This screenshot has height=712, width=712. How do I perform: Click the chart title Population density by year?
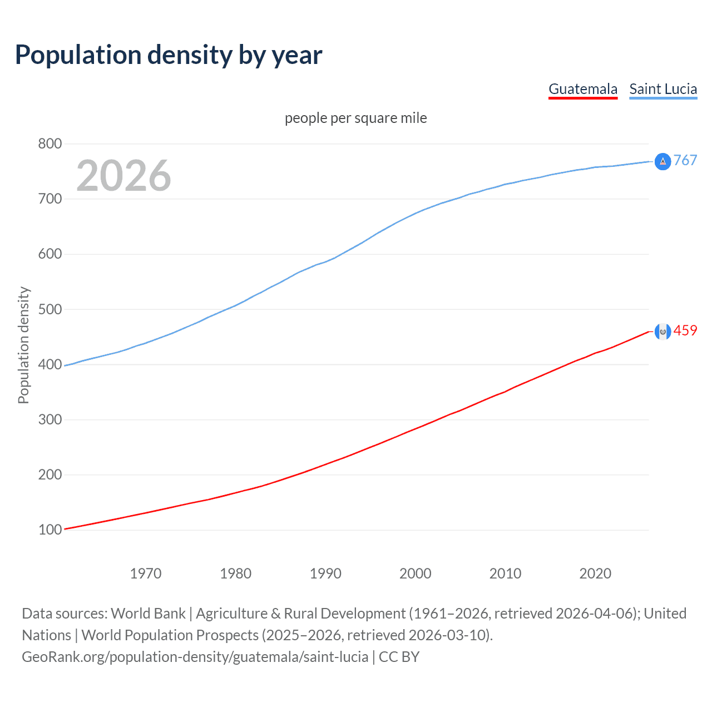click(x=169, y=55)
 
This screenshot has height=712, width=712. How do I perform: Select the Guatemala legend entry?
click(x=583, y=89)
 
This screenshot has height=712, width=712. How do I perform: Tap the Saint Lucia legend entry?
click(x=663, y=89)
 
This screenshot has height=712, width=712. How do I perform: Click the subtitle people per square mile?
click(x=356, y=118)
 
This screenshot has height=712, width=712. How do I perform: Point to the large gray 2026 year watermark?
click(x=123, y=176)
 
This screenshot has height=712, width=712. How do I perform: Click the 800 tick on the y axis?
click(x=50, y=144)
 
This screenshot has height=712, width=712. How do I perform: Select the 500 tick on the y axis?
click(x=50, y=309)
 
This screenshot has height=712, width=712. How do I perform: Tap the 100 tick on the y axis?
click(x=50, y=530)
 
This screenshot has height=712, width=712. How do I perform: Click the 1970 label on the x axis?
click(x=146, y=573)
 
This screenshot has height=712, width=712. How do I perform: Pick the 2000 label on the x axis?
click(x=416, y=573)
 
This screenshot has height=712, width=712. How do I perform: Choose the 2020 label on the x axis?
click(x=595, y=573)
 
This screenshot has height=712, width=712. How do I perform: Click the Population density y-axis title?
click(x=23, y=345)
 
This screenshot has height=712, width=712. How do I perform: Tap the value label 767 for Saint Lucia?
click(x=685, y=161)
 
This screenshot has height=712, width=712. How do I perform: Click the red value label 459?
click(x=685, y=331)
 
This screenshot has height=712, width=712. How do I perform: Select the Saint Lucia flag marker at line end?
click(x=662, y=161)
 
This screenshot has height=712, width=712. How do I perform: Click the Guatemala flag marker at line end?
click(x=662, y=332)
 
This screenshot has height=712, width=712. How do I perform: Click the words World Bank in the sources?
click(x=148, y=614)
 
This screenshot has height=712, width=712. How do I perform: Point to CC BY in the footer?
click(x=399, y=657)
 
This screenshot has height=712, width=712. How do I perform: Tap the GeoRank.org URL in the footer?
click(x=195, y=657)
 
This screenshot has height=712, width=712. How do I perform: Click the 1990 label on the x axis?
click(x=325, y=573)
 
